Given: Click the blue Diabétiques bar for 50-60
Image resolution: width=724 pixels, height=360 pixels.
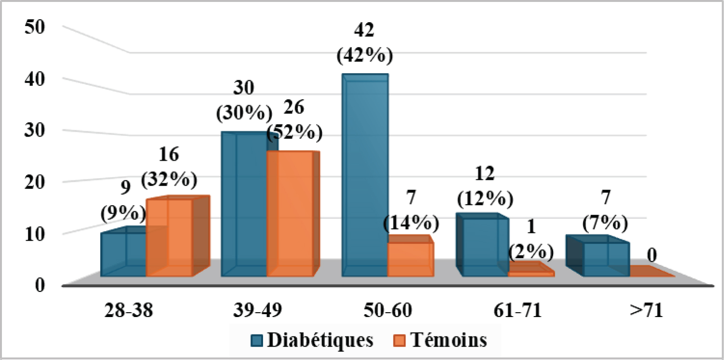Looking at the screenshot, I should [x=365, y=176].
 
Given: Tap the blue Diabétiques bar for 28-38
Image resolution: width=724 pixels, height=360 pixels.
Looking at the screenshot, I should [x=124, y=255].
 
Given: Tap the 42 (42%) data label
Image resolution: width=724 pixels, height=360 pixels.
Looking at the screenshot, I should [x=364, y=43].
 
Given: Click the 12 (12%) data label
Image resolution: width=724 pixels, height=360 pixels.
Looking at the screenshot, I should [x=484, y=186].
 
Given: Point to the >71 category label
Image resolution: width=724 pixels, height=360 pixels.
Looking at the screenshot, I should [x=647, y=310].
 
